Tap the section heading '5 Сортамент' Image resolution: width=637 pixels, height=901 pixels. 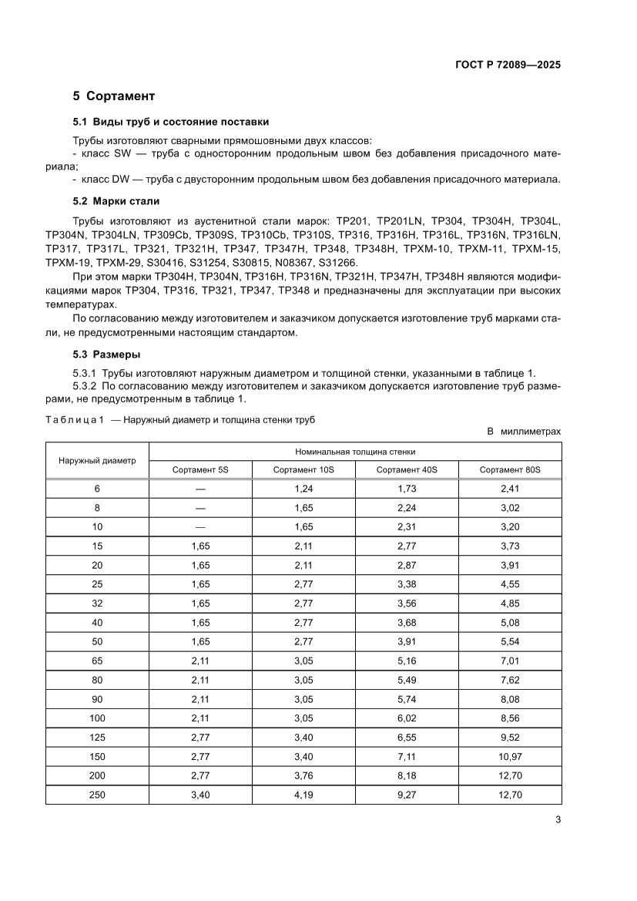114,96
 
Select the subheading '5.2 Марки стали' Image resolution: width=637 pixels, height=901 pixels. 116,201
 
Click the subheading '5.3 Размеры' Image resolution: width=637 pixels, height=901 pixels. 106,355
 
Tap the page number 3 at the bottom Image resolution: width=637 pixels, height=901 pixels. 558,820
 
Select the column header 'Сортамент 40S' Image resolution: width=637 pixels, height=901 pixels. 407,469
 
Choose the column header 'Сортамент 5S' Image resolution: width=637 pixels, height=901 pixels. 200,469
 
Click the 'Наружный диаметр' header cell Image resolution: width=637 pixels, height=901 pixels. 97,460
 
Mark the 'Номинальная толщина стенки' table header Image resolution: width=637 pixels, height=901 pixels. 355,452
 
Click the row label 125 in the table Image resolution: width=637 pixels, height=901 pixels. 97,737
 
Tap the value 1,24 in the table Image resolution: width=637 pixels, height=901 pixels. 303,489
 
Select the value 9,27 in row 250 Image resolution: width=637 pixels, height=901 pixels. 407,795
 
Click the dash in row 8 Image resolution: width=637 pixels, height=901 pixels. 200,508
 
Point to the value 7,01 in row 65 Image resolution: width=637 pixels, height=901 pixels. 510,661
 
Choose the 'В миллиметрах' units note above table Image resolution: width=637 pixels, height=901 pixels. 525,432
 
